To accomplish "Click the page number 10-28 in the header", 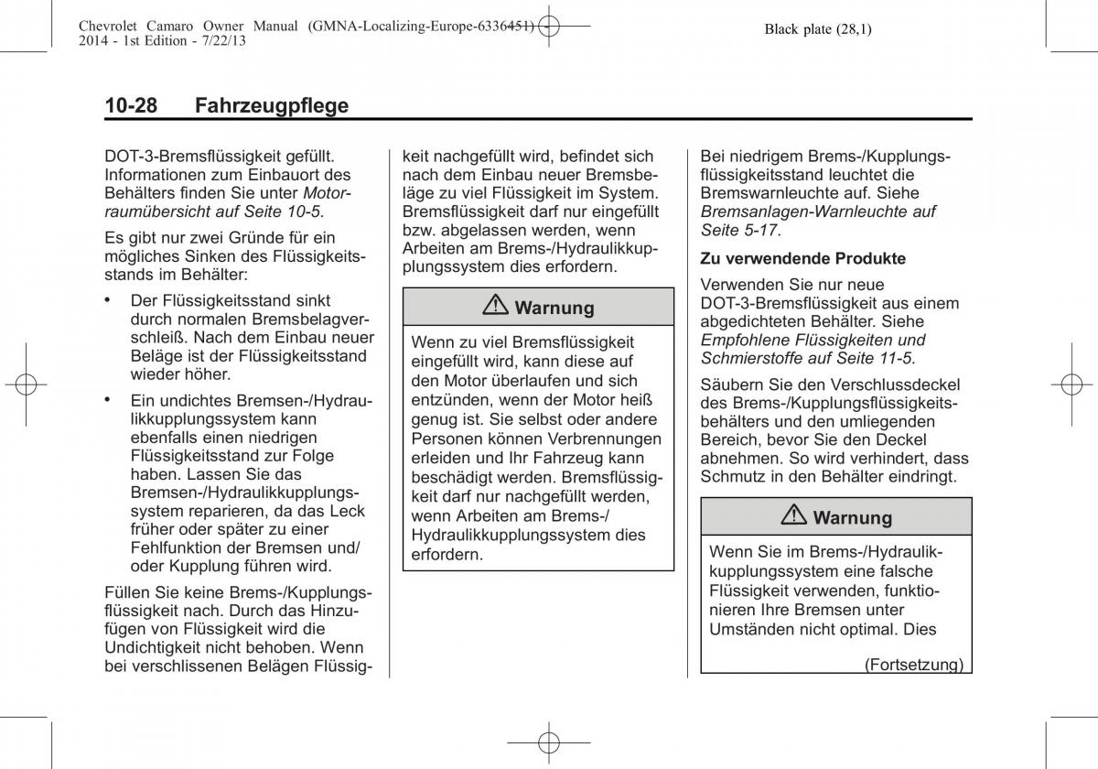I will (x=131, y=105).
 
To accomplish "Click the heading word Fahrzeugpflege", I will (x=272, y=105).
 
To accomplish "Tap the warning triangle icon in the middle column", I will (x=499, y=308).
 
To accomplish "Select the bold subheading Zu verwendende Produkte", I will (x=802, y=258).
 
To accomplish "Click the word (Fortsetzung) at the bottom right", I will (x=913, y=665).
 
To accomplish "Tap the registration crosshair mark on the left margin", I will (x=25, y=384).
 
